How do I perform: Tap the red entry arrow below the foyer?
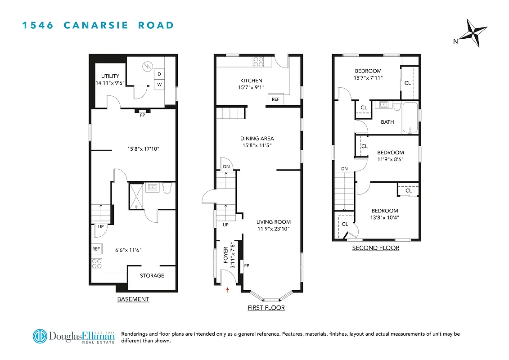point(228,289)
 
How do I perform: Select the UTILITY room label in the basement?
point(110,76)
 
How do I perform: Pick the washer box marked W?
point(159,84)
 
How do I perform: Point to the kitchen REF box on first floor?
point(275,99)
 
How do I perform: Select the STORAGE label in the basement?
point(152,275)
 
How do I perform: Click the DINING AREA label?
point(257,139)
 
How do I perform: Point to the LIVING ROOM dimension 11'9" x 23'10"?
point(273,229)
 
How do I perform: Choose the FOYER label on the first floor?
point(226,255)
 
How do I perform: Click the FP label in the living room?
point(247,266)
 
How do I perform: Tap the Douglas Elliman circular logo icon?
point(40,336)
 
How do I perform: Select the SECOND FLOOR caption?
point(375,248)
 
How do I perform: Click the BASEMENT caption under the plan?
point(133,299)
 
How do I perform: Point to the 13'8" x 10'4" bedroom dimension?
point(384,218)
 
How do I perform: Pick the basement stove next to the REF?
point(97,264)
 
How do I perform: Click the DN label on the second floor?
point(344,169)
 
